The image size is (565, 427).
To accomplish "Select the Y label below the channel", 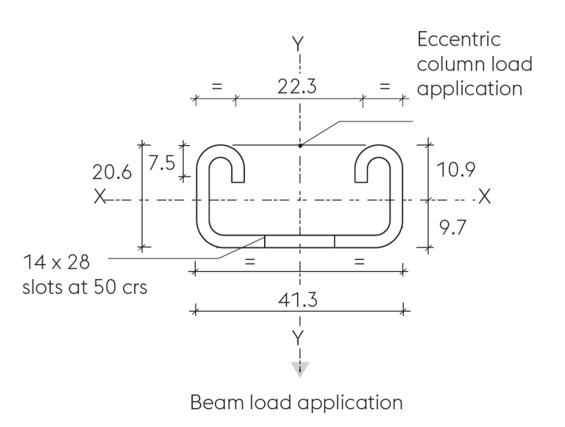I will [298, 337].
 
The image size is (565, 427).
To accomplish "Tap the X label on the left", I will [99, 197].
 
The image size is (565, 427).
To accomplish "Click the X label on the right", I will [484, 197].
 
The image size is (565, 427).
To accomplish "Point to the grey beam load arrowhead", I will [298, 368].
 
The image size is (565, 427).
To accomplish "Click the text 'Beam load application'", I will [297, 402].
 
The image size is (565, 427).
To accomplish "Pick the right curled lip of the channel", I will [374, 163].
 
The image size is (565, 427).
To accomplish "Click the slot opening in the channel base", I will [299, 242].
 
